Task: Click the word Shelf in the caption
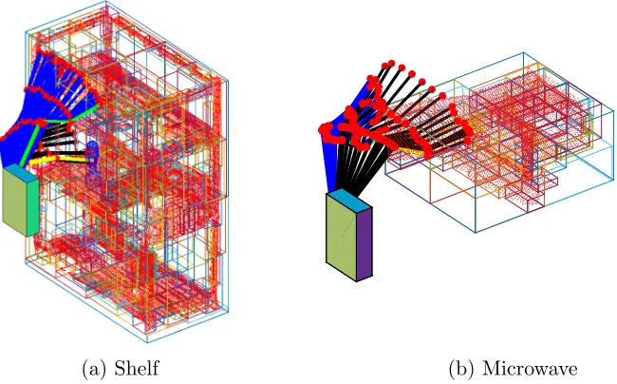(137, 368)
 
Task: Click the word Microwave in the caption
(530, 369)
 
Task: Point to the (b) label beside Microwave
(462, 369)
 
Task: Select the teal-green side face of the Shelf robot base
(32, 206)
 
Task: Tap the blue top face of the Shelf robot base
(22, 172)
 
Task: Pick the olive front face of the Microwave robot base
(341, 234)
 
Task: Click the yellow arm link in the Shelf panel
(59, 160)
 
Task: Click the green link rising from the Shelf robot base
(30, 144)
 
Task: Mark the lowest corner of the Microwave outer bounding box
(476, 233)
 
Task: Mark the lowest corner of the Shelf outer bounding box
(147, 342)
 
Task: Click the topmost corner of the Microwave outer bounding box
(523, 52)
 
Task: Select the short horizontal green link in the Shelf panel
(58, 121)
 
